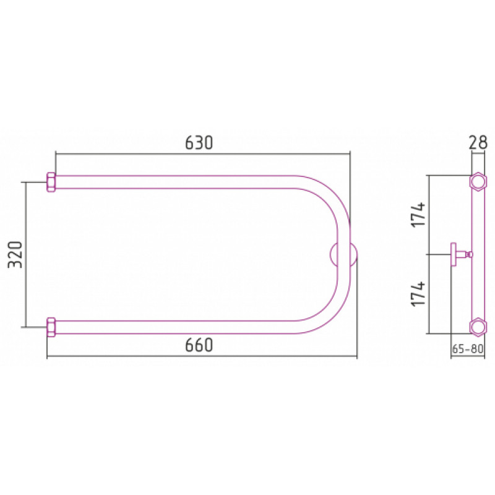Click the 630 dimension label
coord(199,143)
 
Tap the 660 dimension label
coord(199,345)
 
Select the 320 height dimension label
coord(15,255)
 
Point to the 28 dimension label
coord(478,142)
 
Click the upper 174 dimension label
coord(418,215)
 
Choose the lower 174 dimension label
coord(418,293)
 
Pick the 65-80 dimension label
coord(468,349)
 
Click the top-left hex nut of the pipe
coord(51,182)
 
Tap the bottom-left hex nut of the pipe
coord(51,327)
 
